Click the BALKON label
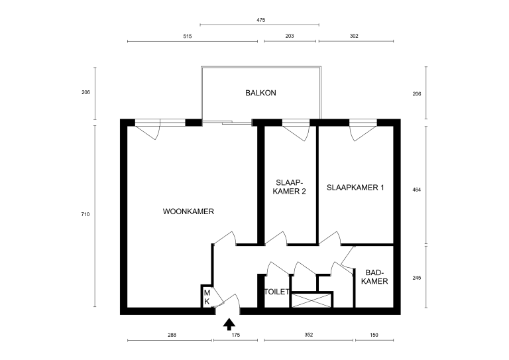pyautogui.click(x=260, y=93)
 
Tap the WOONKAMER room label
pyautogui.click(x=188, y=211)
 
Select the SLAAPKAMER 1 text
pyautogui.click(x=355, y=188)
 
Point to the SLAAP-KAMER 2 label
pyautogui.click(x=290, y=188)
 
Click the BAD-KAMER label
pyautogui.click(x=376, y=277)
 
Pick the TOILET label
pyautogui.click(x=277, y=292)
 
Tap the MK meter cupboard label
pyautogui.click(x=207, y=297)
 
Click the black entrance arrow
pyautogui.click(x=229, y=324)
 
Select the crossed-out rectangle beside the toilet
pyautogui.click(x=311, y=300)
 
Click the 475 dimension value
pyautogui.click(x=260, y=21)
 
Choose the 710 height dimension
pyautogui.click(x=85, y=214)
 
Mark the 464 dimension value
pyautogui.click(x=435, y=190)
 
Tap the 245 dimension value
pyautogui.click(x=435, y=278)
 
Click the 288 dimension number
pyautogui.click(x=172, y=335)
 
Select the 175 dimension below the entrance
pyautogui.click(x=235, y=335)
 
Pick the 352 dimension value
pyautogui.click(x=308, y=335)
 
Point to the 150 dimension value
pyautogui.click(x=374, y=335)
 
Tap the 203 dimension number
pyautogui.click(x=290, y=36)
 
